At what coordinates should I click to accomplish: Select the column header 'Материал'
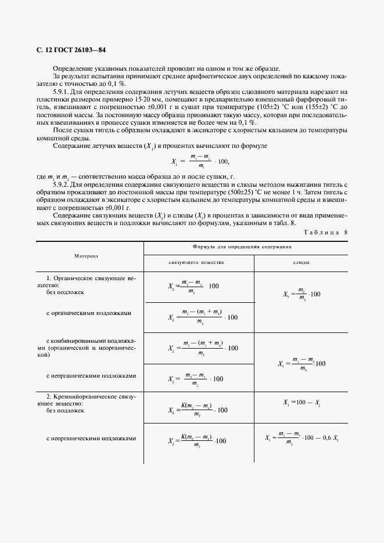click(x=86, y=255)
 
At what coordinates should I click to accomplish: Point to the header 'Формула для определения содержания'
click(x=245, y=247)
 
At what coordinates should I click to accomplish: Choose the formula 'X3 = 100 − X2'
click(x=302, y=402)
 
